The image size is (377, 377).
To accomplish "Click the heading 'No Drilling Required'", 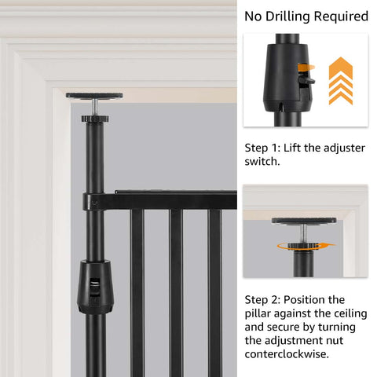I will pos(306,16).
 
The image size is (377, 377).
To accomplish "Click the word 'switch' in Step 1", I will pos(262,161).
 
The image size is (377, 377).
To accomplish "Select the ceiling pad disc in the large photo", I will pos(93,96).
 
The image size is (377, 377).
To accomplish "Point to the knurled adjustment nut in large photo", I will pos(93,118).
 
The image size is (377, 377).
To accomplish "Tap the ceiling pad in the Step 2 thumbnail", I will pos(304,220).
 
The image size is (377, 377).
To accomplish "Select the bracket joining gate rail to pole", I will pos(94,201).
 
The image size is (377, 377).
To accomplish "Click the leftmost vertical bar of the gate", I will pos(137,291).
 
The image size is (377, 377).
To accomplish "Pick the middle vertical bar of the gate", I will pos(176,291).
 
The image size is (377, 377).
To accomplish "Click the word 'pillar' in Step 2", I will pos(262,313).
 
